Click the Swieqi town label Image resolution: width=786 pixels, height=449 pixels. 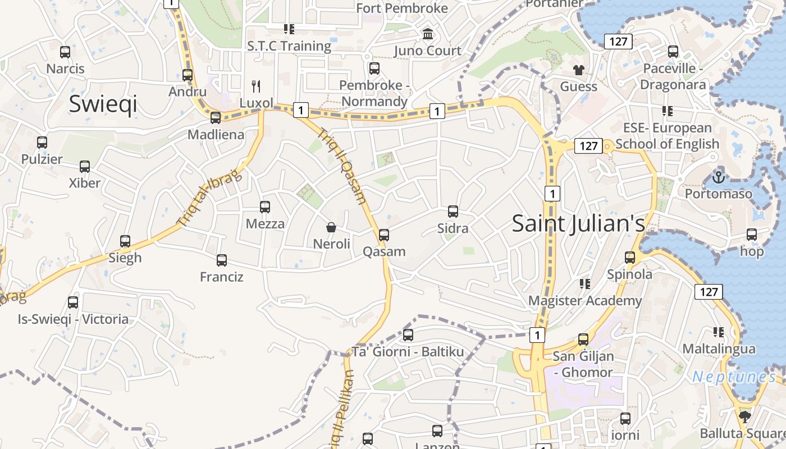pos(103,104)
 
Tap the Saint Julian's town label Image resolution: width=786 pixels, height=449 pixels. pos(578,223)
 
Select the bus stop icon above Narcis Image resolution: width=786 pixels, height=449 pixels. pos(65,52)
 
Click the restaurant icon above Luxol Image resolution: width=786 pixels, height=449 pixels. pos(256,86)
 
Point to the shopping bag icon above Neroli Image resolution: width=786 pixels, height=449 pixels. pos(331,227)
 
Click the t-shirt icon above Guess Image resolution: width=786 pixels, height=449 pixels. pos(578,70)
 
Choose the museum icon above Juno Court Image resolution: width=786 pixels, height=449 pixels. pos(428,34)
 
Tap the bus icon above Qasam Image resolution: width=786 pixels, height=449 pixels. pos(384,235)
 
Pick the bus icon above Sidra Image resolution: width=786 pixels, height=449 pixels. pos(453,212)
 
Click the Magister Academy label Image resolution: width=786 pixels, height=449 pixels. pos(585,300)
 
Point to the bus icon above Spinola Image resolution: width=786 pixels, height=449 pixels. pos(630,258)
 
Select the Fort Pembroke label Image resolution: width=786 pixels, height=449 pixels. pos(402,8)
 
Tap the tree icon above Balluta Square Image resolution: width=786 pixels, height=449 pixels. pos(744,416)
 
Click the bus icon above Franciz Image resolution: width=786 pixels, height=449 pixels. pos(222,260)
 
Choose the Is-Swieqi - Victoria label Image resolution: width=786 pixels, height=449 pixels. pos(73,319)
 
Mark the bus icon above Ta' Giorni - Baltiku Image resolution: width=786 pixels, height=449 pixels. pos(408,335)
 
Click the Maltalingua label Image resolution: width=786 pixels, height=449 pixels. pos(719,349)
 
